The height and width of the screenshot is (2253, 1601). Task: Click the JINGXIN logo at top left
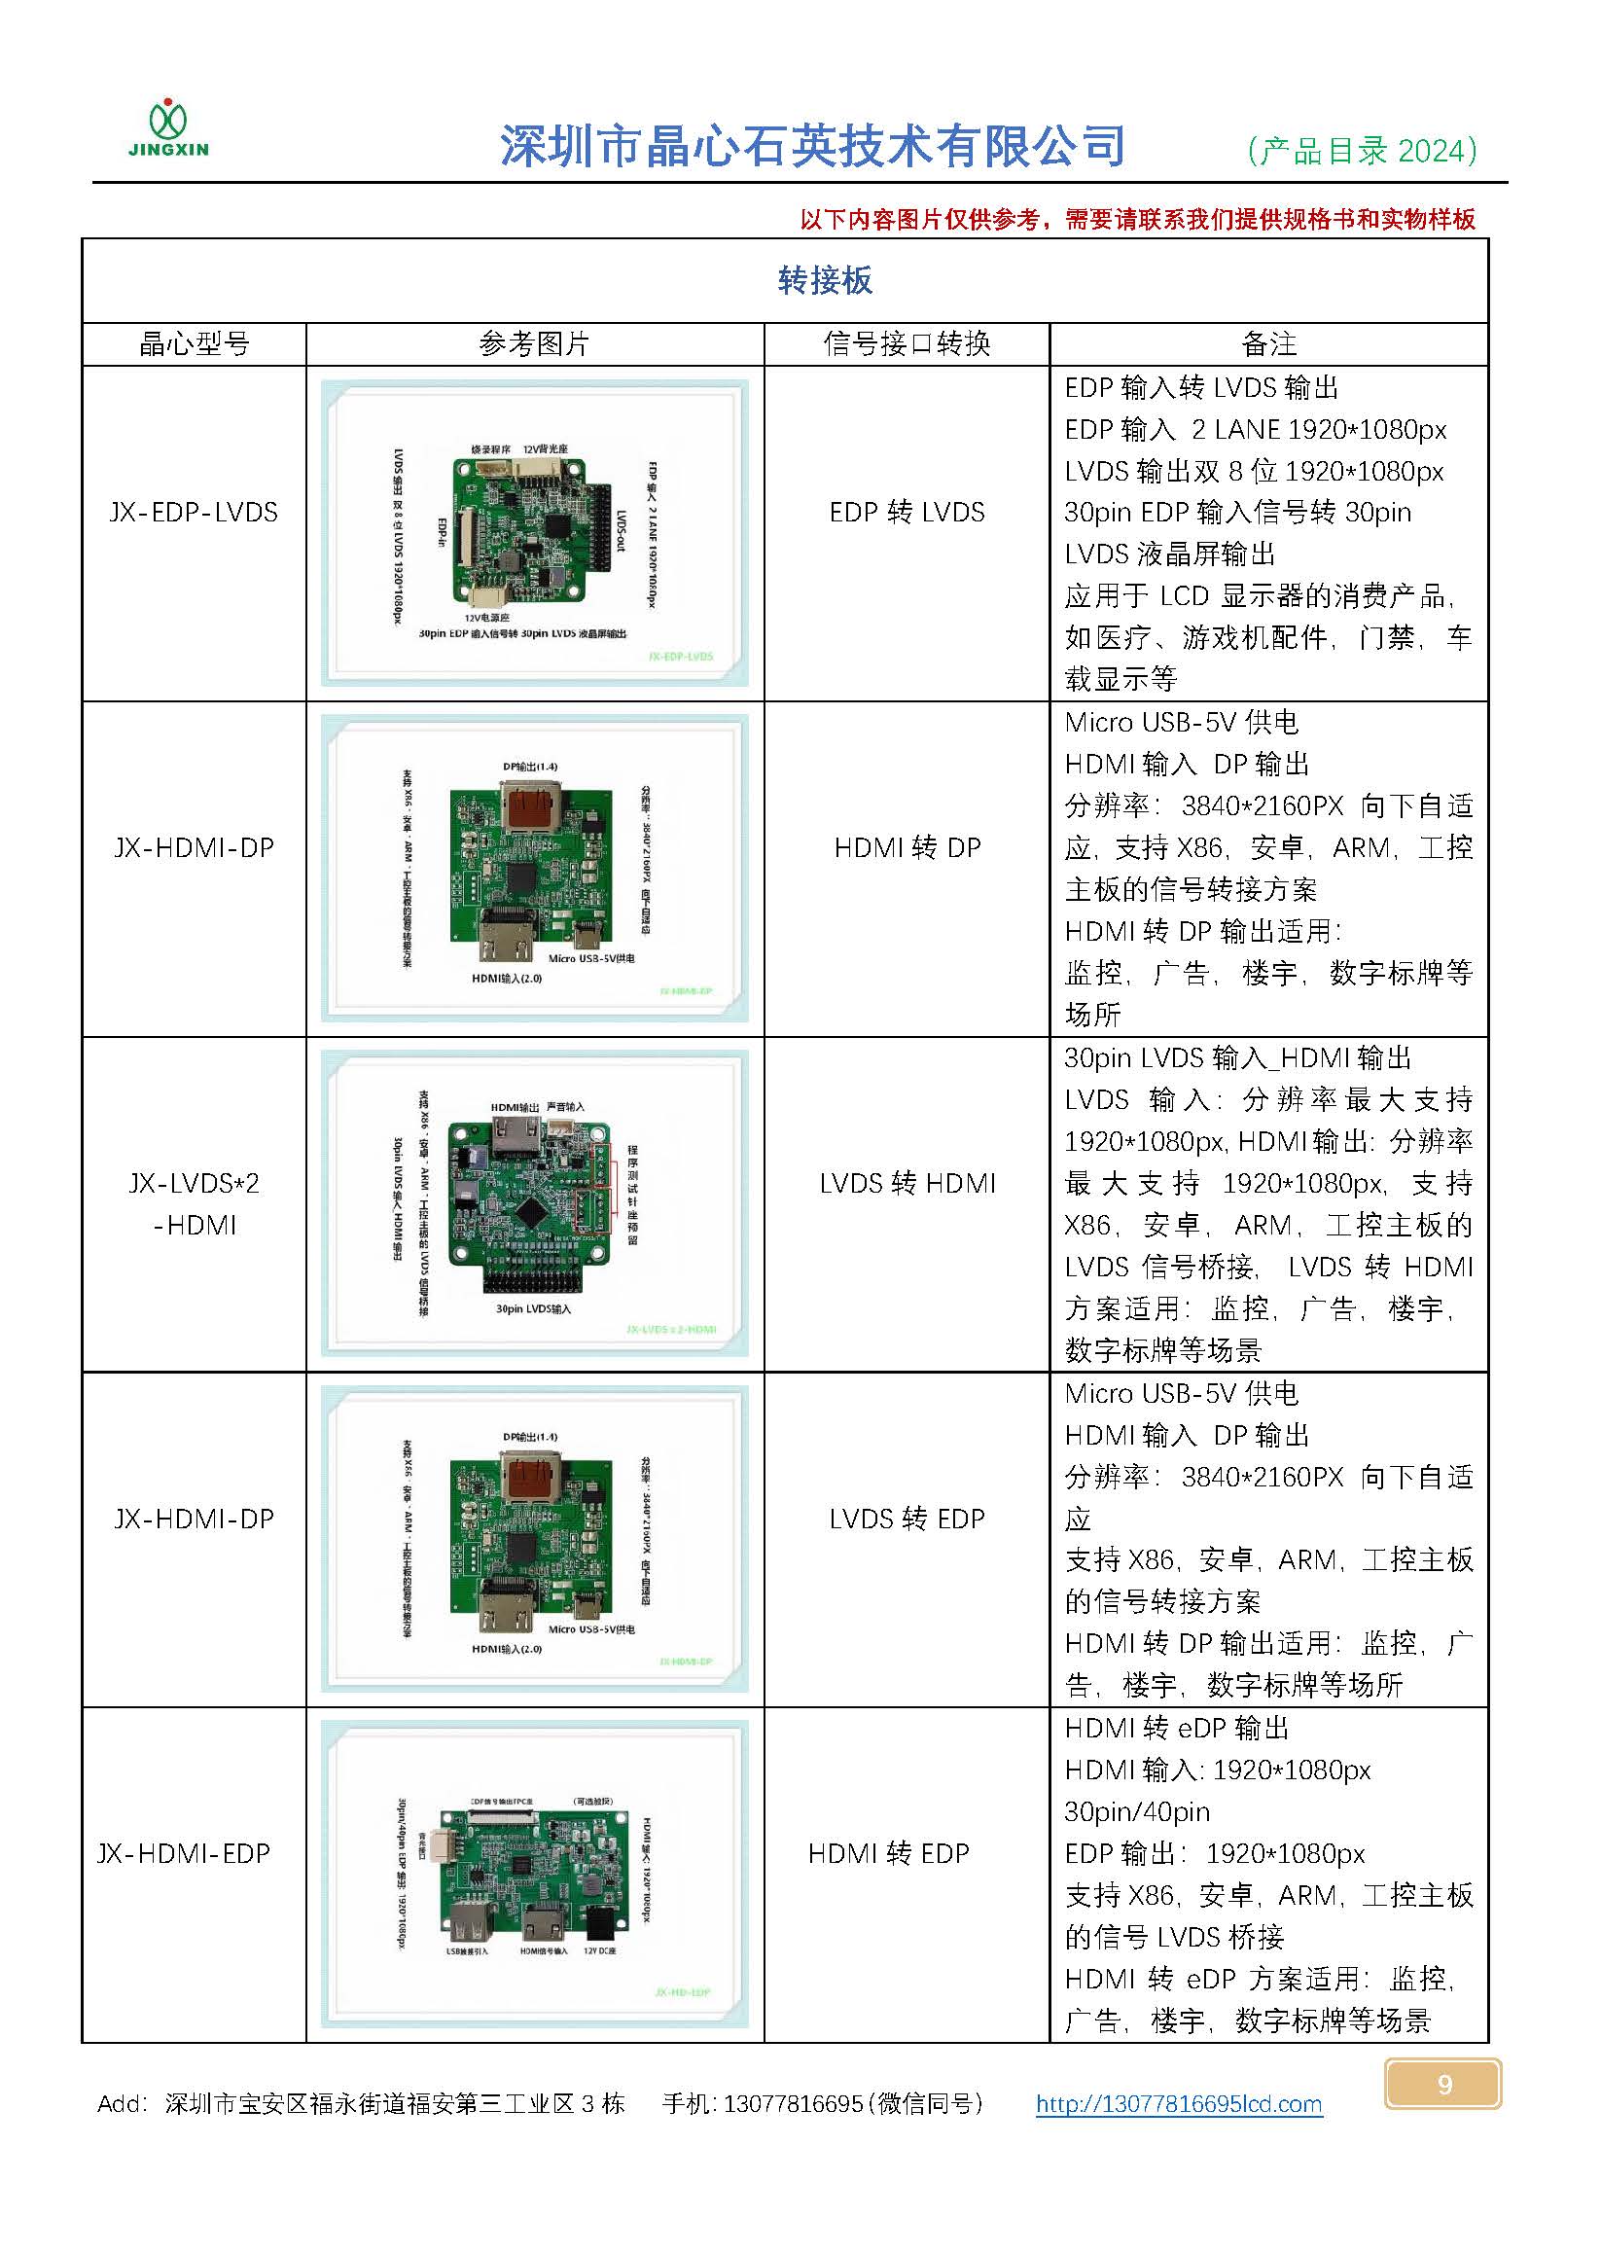168,128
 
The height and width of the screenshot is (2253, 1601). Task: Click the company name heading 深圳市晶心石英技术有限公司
812,146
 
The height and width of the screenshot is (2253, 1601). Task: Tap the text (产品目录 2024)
1362,151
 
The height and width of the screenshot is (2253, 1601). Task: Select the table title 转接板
825,281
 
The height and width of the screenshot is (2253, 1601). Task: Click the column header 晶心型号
195,344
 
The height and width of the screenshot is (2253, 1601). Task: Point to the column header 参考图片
534,344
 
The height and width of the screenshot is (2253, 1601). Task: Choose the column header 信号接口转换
906,344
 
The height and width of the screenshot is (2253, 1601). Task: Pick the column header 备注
1268,344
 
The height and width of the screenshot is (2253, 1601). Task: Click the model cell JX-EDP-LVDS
195,513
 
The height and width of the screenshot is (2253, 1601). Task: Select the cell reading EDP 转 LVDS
907,513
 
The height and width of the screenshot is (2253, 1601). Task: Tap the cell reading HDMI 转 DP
907,848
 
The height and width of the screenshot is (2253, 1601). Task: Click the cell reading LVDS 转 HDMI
907,1183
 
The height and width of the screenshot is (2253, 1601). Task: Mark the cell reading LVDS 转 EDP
907,1519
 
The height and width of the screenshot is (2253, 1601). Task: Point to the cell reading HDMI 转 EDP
888,1854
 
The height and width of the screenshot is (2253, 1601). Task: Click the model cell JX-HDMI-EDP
184,1854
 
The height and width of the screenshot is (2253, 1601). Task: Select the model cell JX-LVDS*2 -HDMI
195,1203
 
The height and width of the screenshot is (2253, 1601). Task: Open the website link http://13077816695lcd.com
1178,2104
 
